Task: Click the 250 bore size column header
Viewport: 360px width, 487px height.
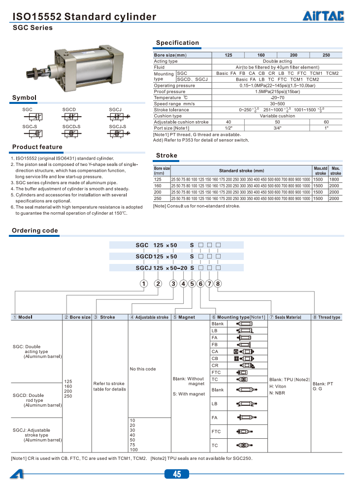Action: (326, 55)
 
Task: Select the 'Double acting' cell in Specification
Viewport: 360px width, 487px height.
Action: (277, 61)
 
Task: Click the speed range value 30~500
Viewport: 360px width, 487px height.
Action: (277, 104)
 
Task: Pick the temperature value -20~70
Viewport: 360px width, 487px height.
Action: (277, 97)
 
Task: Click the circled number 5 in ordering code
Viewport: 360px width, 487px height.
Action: (192, 283)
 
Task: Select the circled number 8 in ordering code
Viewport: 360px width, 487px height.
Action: (218, 283)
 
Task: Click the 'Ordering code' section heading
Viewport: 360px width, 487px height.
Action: (35, 230)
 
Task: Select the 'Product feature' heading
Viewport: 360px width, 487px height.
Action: (37, 147)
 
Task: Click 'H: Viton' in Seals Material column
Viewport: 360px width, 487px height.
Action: (278, 386)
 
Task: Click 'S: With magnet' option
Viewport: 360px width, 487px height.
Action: (189, 394)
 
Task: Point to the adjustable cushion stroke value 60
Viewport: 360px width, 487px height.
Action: (326, 122)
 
